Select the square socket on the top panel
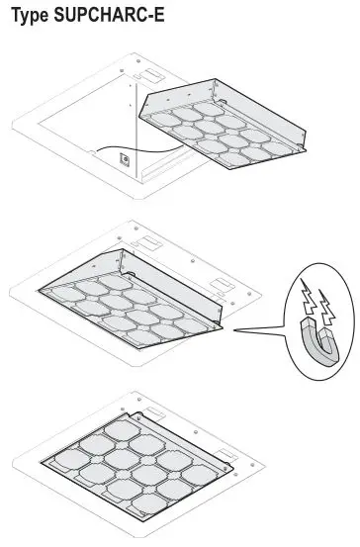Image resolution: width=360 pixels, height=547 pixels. (x=125, y=156)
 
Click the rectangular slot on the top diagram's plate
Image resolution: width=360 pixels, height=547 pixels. (x=148, y=75)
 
